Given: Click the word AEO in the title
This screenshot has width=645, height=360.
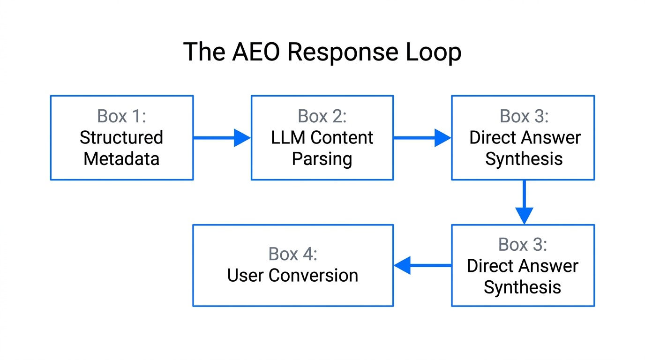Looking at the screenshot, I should pos(256,52).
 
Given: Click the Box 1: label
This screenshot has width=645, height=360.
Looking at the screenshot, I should pos(121,116).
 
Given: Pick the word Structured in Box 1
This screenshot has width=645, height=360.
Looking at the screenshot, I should pos(121,137).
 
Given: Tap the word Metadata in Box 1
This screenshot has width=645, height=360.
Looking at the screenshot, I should pos(121,159).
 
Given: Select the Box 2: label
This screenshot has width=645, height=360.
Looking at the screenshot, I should pos(322,116).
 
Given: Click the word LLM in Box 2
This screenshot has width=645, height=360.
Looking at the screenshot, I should pos(288,137).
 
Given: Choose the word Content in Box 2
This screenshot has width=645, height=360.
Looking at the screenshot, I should pos(342,137).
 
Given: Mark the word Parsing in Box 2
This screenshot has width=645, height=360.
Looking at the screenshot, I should pos(322,159).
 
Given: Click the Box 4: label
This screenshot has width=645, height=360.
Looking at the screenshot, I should pos(292,254).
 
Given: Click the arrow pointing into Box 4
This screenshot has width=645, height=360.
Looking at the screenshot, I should pos(422,265).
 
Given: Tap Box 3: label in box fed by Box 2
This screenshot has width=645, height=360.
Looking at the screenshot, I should pos(524,116).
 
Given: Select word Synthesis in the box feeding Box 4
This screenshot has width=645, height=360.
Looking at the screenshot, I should pos(522,287).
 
